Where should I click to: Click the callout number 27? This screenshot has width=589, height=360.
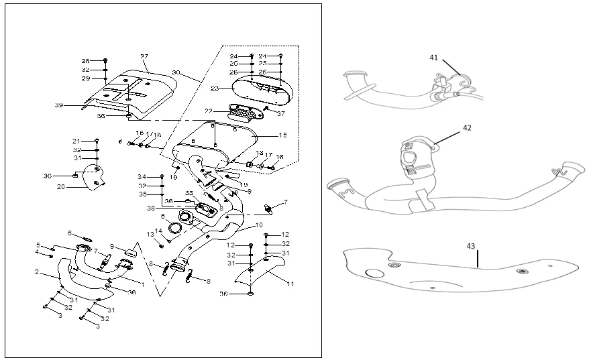(x=144, y=56)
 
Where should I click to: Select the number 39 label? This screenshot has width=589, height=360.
(x=58, y=105)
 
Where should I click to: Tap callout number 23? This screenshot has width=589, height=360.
(x=214, y=88)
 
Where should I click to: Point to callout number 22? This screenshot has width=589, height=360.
(x=209, y=111)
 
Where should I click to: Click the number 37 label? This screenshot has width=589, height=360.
(x=280, y=113)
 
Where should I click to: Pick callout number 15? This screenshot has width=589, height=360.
(x=283, y=135)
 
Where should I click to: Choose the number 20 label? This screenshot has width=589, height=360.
(x=60, y=187)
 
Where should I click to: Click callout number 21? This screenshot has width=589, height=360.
(x=76, y=141)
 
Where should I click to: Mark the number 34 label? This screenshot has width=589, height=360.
(x=142, y=177)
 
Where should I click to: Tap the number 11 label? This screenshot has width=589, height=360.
(x=290, y=284)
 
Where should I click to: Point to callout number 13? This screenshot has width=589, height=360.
(x=150, y=234)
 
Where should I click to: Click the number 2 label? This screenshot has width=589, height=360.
(x=38, y=273)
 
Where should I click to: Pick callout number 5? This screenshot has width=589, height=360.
(x=38, y=245)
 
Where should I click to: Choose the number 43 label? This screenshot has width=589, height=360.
(x=471, y=246)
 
